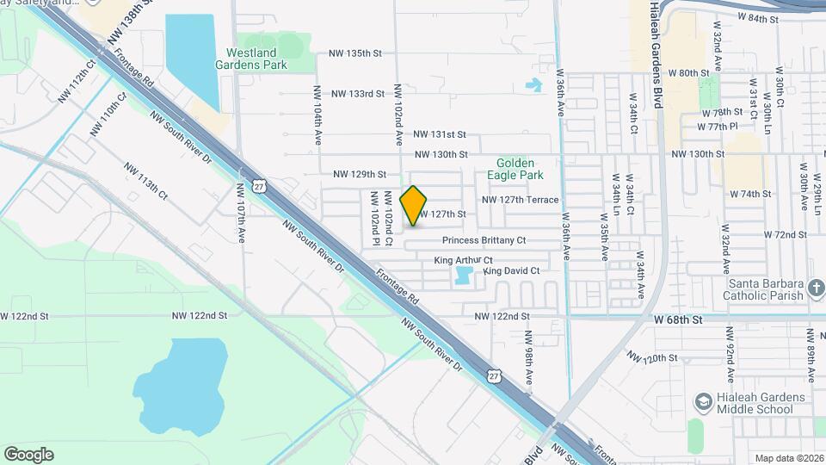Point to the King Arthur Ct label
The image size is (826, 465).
(463, 260)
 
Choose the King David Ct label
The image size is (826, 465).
(512, 271)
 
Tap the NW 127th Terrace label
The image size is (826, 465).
(520, 200)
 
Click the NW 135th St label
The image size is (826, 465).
(354, 53)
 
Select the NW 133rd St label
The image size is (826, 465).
(357, 93)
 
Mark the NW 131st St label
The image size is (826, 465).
(439, 134)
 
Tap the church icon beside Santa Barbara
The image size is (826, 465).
(817, 290)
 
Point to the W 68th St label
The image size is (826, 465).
(679, 319)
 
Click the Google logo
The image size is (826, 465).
(28, 455)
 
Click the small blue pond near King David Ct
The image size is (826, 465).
(463, 276)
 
